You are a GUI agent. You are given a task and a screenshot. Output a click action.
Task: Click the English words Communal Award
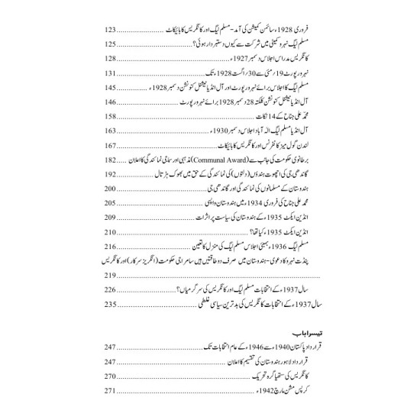(x=223, y=160)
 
